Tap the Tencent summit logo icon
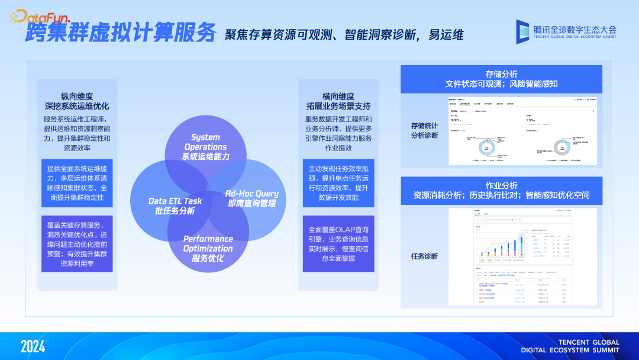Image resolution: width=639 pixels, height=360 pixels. pyautogui.click(x=522, y=31)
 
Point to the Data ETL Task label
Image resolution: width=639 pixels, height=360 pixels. pyautogui.click(x=175, y=205)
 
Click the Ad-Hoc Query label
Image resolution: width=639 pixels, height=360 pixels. pyautogui.click(x=251, y=198)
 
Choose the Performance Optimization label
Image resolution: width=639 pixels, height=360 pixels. pyautogui.click(x=208, y=248)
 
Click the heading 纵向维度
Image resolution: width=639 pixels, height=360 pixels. pyautogui.click(x=77, y=96)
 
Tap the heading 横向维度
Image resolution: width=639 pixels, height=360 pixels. pyautogui.click(x=338, y=96)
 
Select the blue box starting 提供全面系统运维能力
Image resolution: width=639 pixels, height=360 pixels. pyautogui.click(x=77, y=182)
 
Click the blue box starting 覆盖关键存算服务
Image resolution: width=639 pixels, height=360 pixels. pyautogui.click(x=77, y=243)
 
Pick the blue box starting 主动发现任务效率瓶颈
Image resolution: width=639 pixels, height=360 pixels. pyautogui.click(x=338, y=183)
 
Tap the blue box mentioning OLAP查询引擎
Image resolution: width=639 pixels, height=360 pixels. pyautogui.click(x=338, y=243)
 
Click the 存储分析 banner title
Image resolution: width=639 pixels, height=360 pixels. pyautogui.click(x=501, y=74)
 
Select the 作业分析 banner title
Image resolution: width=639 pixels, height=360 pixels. pyautogui.click(x=501, y=185)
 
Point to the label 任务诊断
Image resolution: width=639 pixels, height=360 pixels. pyautogui.click(x=424, y=256)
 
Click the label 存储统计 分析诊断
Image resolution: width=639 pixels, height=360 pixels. pyautogui.click(x=424, y=130)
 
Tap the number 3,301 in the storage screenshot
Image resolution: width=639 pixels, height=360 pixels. pyautogui.click(x=455, y=120)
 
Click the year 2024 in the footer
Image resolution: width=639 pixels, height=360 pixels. pyautogui.click(x=33, y=346)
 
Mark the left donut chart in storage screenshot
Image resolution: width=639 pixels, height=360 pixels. pyautogui.click(x=488, y=148)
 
